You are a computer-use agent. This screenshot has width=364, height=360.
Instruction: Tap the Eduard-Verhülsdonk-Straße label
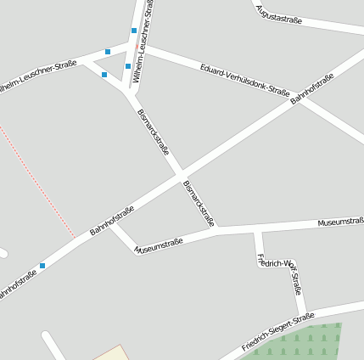[245, 81]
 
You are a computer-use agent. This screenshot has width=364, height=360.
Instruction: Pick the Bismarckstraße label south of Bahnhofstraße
[198, 203]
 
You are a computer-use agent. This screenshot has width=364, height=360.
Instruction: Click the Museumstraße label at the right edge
[340, 222]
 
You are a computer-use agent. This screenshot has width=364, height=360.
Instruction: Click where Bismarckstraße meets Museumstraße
[216, 229]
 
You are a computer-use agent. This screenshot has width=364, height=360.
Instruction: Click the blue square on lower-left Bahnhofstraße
[42, 265]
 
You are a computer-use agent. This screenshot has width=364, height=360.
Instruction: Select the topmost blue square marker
[134, 31]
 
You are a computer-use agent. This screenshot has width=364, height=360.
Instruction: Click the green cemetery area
[305, 342]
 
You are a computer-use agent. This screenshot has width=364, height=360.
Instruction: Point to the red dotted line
[38, 183]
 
